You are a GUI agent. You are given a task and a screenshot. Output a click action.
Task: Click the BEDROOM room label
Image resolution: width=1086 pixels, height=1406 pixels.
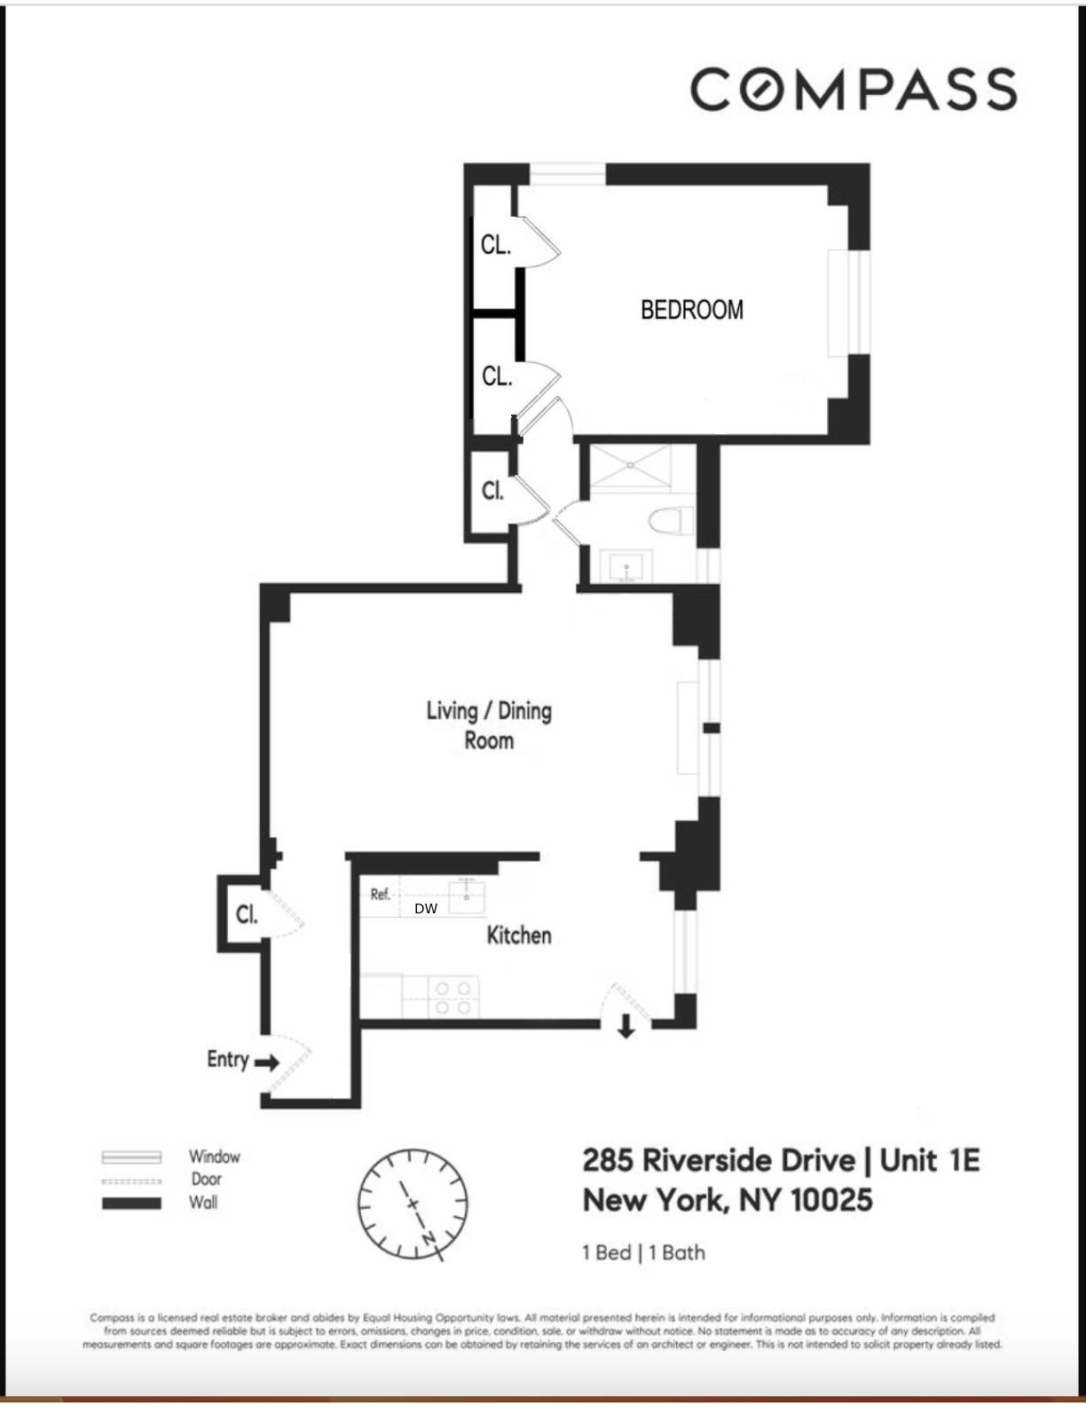[692, 310]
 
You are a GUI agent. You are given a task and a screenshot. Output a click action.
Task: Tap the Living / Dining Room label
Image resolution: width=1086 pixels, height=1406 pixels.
[489, 725]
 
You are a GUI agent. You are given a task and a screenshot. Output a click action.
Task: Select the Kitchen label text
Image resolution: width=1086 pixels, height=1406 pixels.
[519, 935]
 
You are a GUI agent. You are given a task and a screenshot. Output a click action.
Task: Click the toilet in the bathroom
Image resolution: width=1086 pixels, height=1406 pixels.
[671, 520]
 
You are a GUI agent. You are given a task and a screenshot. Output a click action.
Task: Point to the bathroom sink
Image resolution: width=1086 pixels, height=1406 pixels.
[627, 566]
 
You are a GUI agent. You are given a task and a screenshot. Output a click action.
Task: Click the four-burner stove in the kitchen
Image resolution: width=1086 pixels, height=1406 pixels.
[452, 997]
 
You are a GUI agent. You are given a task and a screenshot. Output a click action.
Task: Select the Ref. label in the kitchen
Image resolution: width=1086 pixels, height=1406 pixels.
[381, 894]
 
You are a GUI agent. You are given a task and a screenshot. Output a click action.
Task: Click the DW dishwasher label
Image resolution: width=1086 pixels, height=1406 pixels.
[426, 908]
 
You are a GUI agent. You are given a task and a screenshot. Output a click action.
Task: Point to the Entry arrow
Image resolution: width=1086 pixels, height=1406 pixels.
[267, 1062]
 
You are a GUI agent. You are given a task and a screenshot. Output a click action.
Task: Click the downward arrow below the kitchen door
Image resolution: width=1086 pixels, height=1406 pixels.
[626, 1026]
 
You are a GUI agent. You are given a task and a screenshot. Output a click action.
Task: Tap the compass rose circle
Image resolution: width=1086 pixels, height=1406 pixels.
[413, 1204]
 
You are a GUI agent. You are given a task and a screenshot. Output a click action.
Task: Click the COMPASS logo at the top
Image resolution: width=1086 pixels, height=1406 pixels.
[854, 90]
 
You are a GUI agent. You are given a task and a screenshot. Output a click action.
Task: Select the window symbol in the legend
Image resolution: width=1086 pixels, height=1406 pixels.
[131, 1157]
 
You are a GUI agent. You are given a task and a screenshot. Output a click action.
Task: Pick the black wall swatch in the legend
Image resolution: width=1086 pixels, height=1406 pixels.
[131, 1204]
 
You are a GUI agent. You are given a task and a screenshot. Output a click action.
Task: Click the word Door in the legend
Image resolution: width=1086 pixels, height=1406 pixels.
[207, 1180]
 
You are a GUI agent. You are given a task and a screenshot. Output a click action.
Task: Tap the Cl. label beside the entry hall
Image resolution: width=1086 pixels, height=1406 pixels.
[247, 914]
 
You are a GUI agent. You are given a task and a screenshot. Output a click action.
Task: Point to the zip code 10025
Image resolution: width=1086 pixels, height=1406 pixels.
[831, 1200]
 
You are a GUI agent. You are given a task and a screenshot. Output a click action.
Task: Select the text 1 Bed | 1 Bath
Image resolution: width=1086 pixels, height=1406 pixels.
[643, 1252]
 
